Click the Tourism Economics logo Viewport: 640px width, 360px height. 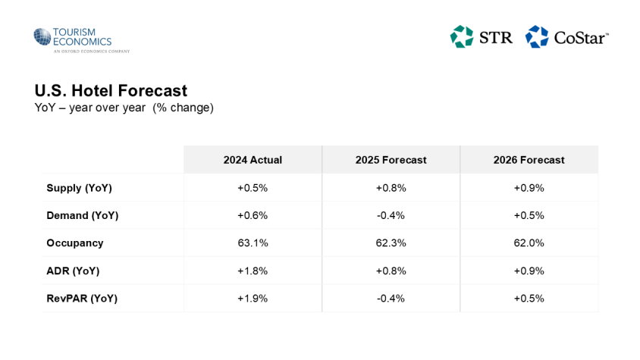80,39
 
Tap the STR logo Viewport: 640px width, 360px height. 482,36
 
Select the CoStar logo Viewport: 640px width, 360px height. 567,36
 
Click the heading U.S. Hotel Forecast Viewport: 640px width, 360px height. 111,91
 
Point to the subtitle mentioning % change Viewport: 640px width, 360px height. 124,108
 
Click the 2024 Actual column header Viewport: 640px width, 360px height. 253,160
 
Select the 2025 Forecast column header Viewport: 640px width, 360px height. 391,160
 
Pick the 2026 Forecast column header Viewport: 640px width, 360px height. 529,160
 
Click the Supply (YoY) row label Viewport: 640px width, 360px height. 79,188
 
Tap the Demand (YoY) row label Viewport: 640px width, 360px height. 82,215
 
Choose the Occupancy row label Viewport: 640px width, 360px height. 74,243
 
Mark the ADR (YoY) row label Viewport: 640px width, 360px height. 73,271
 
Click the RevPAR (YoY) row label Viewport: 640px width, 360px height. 82,299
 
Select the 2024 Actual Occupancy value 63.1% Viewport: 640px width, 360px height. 253,243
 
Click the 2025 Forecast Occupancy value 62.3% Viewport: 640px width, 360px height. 391,243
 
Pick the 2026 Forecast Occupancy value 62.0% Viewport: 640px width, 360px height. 529,243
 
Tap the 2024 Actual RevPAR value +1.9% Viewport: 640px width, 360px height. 253,299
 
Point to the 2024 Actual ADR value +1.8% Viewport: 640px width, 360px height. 253,271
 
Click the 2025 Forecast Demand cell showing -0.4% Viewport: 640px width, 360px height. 391,215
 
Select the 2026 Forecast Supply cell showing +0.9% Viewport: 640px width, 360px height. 529,188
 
